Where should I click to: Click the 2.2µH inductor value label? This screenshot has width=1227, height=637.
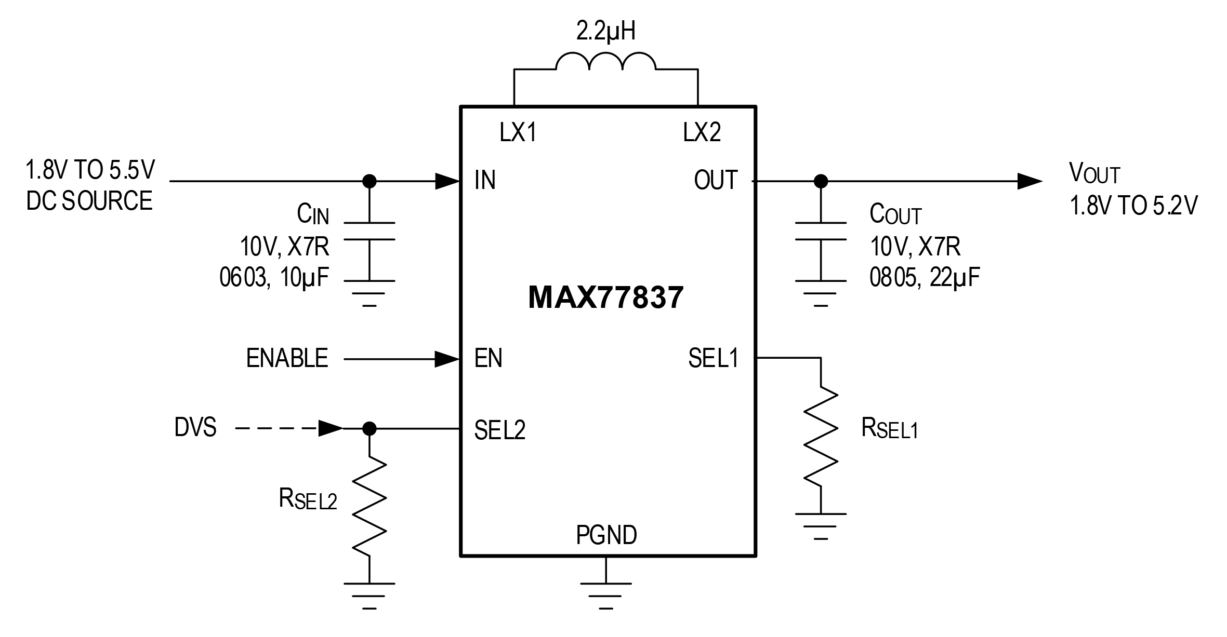tap(605, 32)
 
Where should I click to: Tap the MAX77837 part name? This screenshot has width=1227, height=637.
tap(605, 298)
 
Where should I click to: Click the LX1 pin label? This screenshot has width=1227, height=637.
tap(518, 133)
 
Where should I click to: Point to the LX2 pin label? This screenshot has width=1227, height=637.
tap(702, 133)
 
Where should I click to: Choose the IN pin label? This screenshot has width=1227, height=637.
tap(485, 181)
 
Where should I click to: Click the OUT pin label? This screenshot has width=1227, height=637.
tap(716, 181)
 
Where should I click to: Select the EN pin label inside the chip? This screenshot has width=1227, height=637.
tap(488, 358)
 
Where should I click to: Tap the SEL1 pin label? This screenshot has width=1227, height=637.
tap(713, 358)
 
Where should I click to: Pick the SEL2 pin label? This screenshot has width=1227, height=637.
tap(499, 430)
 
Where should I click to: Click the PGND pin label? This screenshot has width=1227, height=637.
tap(606, 535)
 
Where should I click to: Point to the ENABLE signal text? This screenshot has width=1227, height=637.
tap(287, 358)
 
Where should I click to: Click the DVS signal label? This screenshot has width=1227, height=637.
tap(195, 428)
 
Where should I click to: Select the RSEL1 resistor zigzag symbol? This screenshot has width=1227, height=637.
tap(821, 436)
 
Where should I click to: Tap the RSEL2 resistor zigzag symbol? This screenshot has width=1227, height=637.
tap(369, 507)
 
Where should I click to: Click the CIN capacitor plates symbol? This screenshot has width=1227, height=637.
tap(369, 231)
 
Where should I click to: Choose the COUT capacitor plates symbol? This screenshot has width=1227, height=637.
tap(821, 231)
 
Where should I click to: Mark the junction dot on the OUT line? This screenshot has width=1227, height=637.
tap(821, 181)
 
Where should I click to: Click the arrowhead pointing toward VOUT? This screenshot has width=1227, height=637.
tap(1029, 181)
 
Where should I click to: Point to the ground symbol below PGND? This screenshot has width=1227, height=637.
tap(606, 594)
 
